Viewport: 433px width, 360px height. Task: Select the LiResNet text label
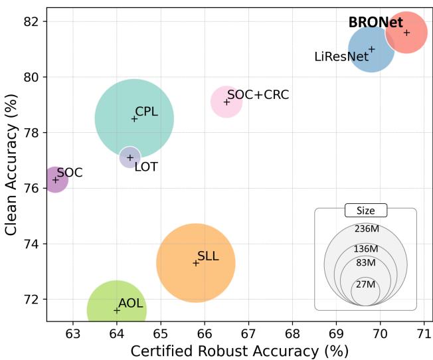(x=341, y=57)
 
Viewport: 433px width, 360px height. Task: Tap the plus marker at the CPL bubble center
(x=134, y=119)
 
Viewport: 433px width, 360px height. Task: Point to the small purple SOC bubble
(x=56, y=179)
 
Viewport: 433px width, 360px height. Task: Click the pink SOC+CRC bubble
(x=226, y=102)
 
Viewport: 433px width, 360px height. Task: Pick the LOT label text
(x=146, y=167)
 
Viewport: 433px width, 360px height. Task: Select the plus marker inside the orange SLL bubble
(x=196, y=263)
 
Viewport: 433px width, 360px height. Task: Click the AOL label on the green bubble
(x=131, y=304)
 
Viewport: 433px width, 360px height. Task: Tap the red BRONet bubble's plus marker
(x=406, y=33)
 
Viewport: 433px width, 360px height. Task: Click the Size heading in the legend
(x=365, y=211)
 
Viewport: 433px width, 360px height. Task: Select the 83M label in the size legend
(x=365, y=263)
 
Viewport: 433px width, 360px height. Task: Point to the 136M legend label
(x=365, y=248)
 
